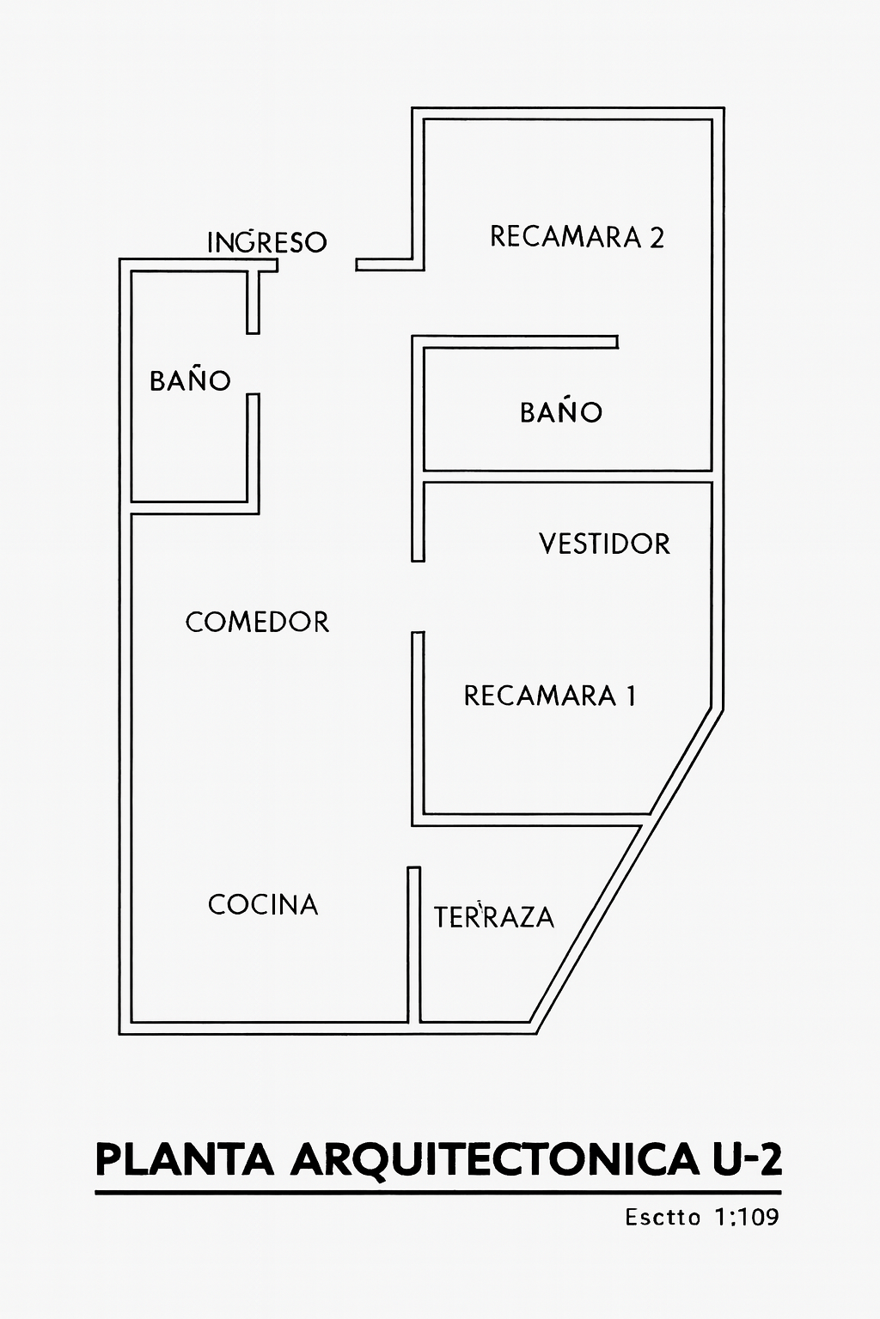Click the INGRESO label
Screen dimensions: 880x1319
click(x=267, y=242)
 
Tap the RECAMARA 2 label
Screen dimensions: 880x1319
click(x=577, y=237)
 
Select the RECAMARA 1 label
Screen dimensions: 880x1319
click(x=550, y=696)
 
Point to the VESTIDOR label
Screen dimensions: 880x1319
click(x=605, y=544)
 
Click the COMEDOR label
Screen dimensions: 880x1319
click(x=257, y=622)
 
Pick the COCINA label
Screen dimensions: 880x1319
click(x=263, y=904)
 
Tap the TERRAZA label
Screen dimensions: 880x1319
click(x=494, y=917)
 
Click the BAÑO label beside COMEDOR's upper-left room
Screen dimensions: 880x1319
click(x=190, y=380)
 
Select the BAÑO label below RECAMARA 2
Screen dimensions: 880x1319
click(x=561, y=410)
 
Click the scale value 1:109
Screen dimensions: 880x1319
click(x=746, y=1217)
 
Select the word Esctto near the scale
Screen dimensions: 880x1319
click(x=663, y=1217)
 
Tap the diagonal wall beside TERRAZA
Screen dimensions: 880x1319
click(x=626, y=872)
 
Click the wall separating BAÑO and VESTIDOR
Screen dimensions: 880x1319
click(x=567, y=477)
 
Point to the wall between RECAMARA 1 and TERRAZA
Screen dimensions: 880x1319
click(x=530, y=820)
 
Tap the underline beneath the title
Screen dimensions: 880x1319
click(x=438, y=1193)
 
